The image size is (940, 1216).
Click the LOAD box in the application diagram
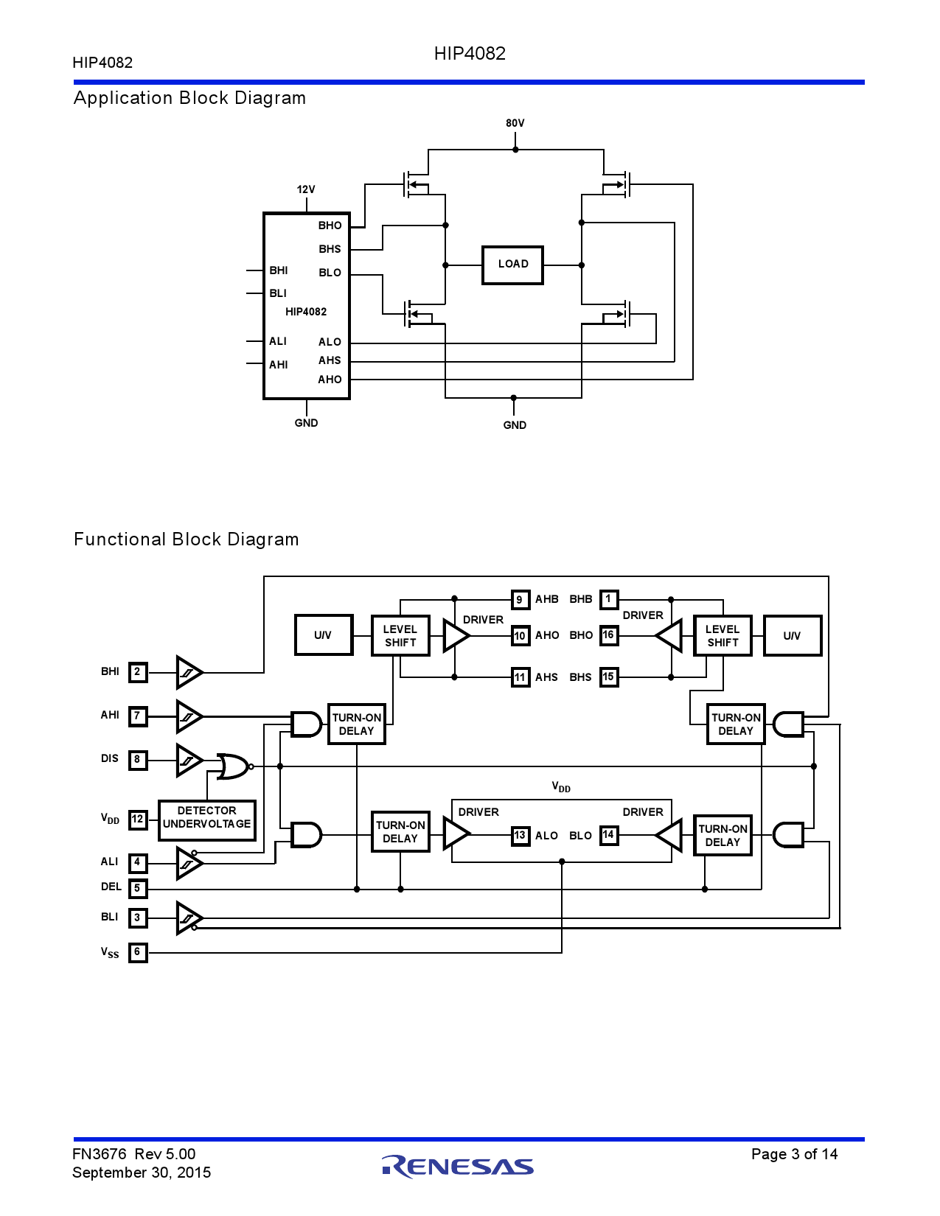pos(512,265)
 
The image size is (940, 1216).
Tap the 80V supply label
pos(515,123)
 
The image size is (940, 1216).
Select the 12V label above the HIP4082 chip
pos(306,189)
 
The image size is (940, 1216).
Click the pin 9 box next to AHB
pos(520,599)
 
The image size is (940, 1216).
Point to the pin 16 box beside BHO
pos(608,635)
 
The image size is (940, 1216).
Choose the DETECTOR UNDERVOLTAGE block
pos(207,820)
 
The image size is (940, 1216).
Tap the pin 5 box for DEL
pos(138,888)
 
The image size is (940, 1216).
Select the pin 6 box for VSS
pos(138,952)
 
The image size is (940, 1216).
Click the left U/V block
pos(323,635)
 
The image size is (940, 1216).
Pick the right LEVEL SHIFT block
pos(723,635)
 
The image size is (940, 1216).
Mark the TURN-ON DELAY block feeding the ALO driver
pos(400,832)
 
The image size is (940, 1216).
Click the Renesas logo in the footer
pos(458,1166)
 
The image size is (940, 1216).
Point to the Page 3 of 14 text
pos(794,1154)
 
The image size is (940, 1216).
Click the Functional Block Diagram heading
pos(187,539)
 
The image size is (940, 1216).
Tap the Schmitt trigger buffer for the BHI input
pos(189,672)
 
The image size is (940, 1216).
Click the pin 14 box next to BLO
pos(608,835)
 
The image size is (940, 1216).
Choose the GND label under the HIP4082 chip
pos(306,423)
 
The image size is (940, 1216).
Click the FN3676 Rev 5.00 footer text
pos(134,1154)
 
